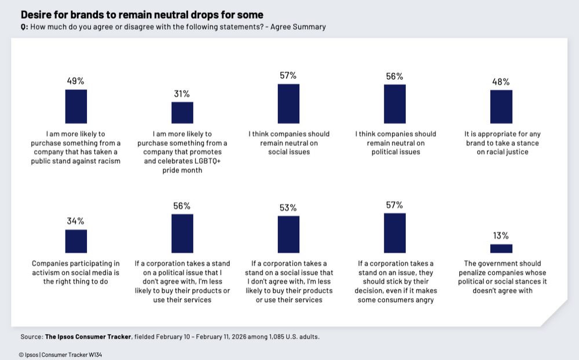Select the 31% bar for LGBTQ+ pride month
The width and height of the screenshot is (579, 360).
(182, 112)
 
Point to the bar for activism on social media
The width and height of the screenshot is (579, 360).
(76, 241)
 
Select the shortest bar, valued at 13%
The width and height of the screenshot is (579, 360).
(501, 248)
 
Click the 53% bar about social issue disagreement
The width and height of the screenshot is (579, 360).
(288, 234)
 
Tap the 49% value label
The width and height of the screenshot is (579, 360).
(76, 82)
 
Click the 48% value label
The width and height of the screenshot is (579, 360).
(501, 82)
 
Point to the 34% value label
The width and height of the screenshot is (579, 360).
(76, 221)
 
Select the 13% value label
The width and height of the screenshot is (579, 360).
(501, 236)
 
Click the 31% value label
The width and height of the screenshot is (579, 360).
(182, 94)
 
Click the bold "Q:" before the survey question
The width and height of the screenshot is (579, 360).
(24, 27)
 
